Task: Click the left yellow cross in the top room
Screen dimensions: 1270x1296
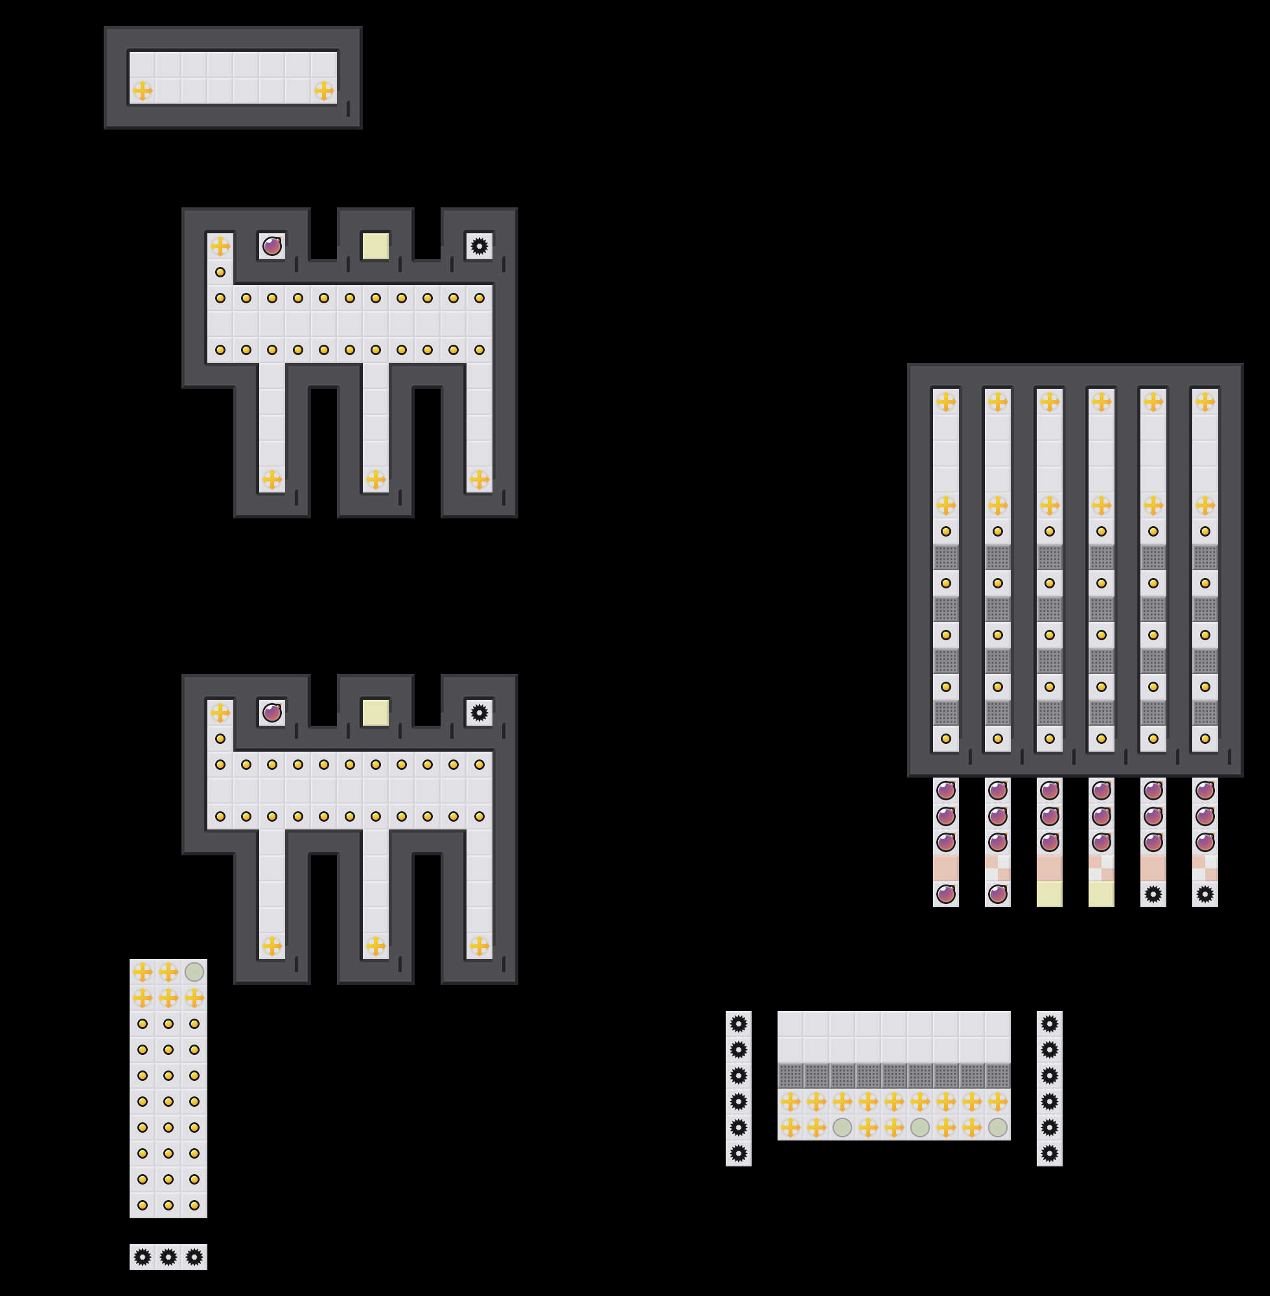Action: (142, 90)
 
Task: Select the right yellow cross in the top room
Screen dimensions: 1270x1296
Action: (323, 90)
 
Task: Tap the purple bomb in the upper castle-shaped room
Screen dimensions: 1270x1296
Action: (271, 246)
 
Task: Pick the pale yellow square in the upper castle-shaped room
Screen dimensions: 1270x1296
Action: (376, 246)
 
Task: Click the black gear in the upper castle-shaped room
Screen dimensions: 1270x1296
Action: (479, 246)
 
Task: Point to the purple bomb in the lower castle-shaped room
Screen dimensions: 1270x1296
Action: (271, 712)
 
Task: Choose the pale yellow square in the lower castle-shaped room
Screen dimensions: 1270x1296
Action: (376, 712)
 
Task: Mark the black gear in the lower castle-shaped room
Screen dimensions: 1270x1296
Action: (479, 712)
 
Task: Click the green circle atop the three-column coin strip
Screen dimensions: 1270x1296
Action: (194, 972)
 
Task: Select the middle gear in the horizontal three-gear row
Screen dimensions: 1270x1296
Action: (168, 1257)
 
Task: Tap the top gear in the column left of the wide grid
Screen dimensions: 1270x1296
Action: (739, 1024)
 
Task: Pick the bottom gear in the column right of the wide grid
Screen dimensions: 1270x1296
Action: (1049, 1153)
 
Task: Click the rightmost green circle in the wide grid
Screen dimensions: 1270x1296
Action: (998, 1128)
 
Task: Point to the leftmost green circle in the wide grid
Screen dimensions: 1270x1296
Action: (842, 1128)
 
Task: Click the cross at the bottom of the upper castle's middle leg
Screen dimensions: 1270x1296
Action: (376, 479)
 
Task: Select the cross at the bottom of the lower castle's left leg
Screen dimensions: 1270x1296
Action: (271, 946)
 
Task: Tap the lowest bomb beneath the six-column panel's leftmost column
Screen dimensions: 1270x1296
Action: (946, 894)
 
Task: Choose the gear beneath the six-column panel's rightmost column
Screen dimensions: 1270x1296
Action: (1205, 894)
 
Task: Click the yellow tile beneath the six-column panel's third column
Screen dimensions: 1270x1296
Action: (1049, 894)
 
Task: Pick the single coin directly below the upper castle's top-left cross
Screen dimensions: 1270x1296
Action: (220, 272)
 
